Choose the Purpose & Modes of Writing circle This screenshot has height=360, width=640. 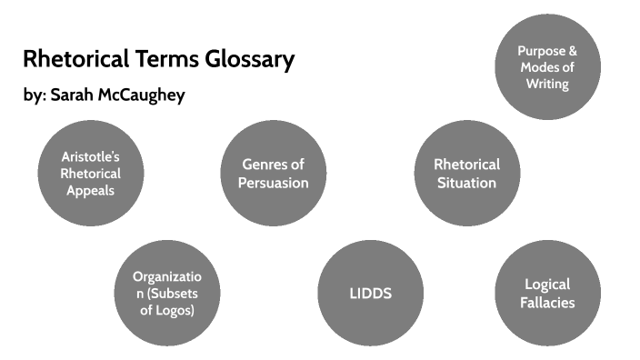tap(546, 67)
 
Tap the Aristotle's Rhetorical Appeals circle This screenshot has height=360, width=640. tap(90, 174)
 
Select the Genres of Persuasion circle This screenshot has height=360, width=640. tap(273, 174)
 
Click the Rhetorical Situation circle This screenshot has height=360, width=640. tap(466, 174)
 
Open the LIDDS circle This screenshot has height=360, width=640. tap(371, 293)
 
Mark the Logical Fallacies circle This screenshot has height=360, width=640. tap(548, 293)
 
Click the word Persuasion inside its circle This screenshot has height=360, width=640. tap(273, 183)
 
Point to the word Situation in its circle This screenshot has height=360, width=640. tap(466, 183)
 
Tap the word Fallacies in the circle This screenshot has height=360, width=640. tap(548, 302)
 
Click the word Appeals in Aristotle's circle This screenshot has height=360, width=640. tap(90, 190)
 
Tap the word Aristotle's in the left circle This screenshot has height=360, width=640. tap(90, 156)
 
